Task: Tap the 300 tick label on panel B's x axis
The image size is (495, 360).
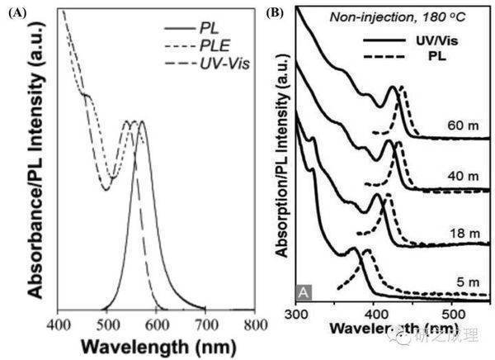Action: (x=296, y=315)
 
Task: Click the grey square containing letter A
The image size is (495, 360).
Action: (x=304, y=291)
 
